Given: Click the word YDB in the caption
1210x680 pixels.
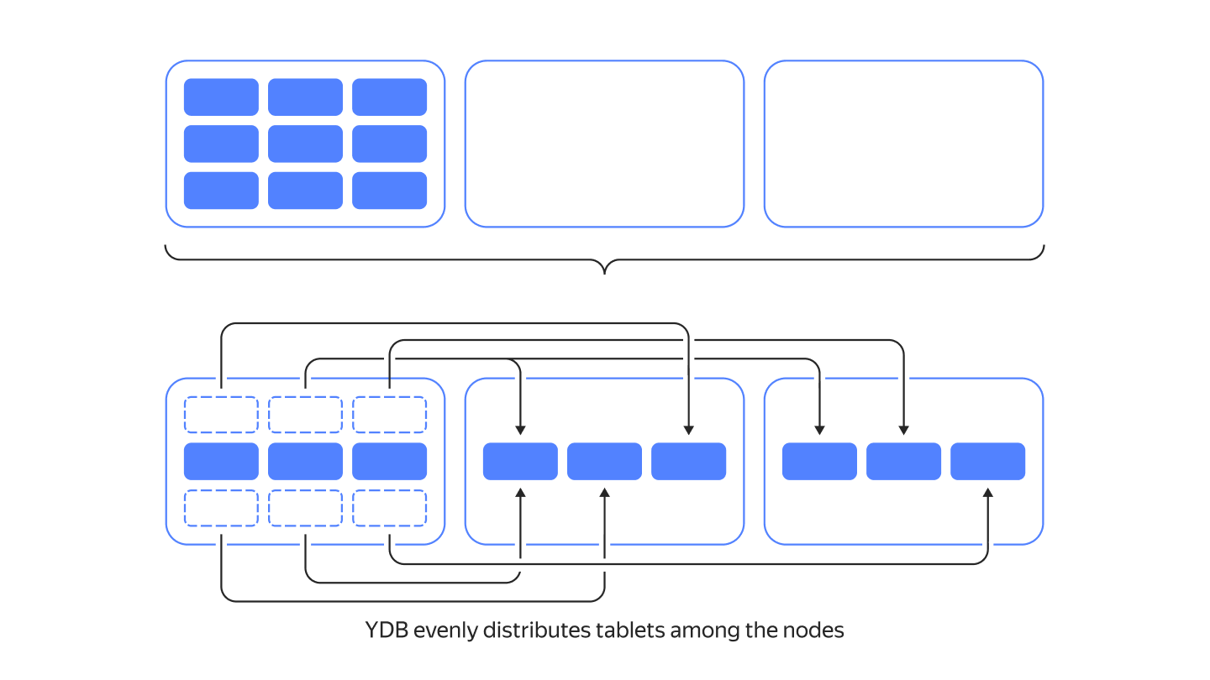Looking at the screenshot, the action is coord(387,630).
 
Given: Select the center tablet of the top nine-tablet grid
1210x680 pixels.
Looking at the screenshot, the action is coord(305,144).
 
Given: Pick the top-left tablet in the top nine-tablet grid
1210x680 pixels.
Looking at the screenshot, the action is coord(221,97).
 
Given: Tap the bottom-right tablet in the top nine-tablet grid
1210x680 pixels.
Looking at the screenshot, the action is coord(390,191).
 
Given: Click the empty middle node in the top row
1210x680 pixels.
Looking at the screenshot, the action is coord(604,144).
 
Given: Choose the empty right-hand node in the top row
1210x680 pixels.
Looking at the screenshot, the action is coord(904,144).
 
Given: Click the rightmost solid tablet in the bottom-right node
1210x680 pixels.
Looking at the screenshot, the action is coord(988,462).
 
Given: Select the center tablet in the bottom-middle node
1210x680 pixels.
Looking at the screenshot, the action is coord(604,462).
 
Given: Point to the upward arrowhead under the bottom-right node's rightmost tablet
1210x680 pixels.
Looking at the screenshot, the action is coord(988,492).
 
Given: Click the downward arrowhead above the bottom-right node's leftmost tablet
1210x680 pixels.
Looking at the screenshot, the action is coord(819,430).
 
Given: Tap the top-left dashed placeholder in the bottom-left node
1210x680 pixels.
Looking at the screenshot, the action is coord(221,415).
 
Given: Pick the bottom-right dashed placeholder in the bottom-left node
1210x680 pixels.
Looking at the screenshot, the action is coord(390,508).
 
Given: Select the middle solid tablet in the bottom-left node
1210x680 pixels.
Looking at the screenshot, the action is coord(305,462).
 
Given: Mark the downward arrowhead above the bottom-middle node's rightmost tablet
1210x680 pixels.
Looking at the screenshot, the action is coord(689,430).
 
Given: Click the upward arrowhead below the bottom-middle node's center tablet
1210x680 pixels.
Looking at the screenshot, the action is coord(604,492).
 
